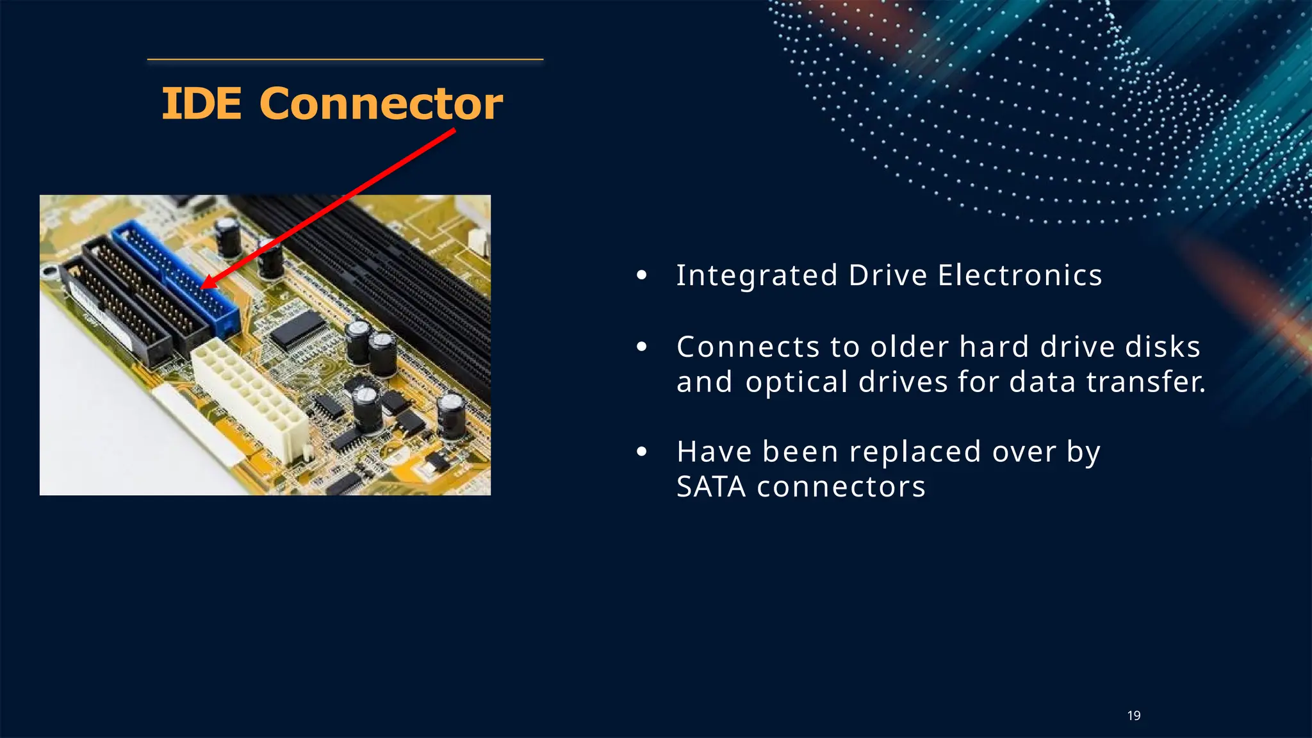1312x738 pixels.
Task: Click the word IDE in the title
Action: click(x=201, y=104)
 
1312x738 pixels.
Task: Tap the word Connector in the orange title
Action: click(x=381, y=104)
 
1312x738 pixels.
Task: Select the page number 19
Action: click(x=1134, y=716)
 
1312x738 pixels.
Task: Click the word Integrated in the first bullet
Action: click(x=757, y=275)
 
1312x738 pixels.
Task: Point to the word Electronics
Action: click(x=1020, y=275)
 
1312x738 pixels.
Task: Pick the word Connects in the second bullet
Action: click(x=748, y=347)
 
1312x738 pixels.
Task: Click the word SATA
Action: click(x=711, y=487)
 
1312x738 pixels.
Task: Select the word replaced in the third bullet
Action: click(x=915, y=452)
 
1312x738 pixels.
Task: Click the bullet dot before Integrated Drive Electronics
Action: click(x=642, y=276)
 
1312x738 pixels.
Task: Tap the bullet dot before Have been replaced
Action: click(x=642, y=452)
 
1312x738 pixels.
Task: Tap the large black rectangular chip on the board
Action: click(x=297, y=329)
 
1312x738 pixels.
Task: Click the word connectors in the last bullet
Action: click(x=840, y=487)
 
